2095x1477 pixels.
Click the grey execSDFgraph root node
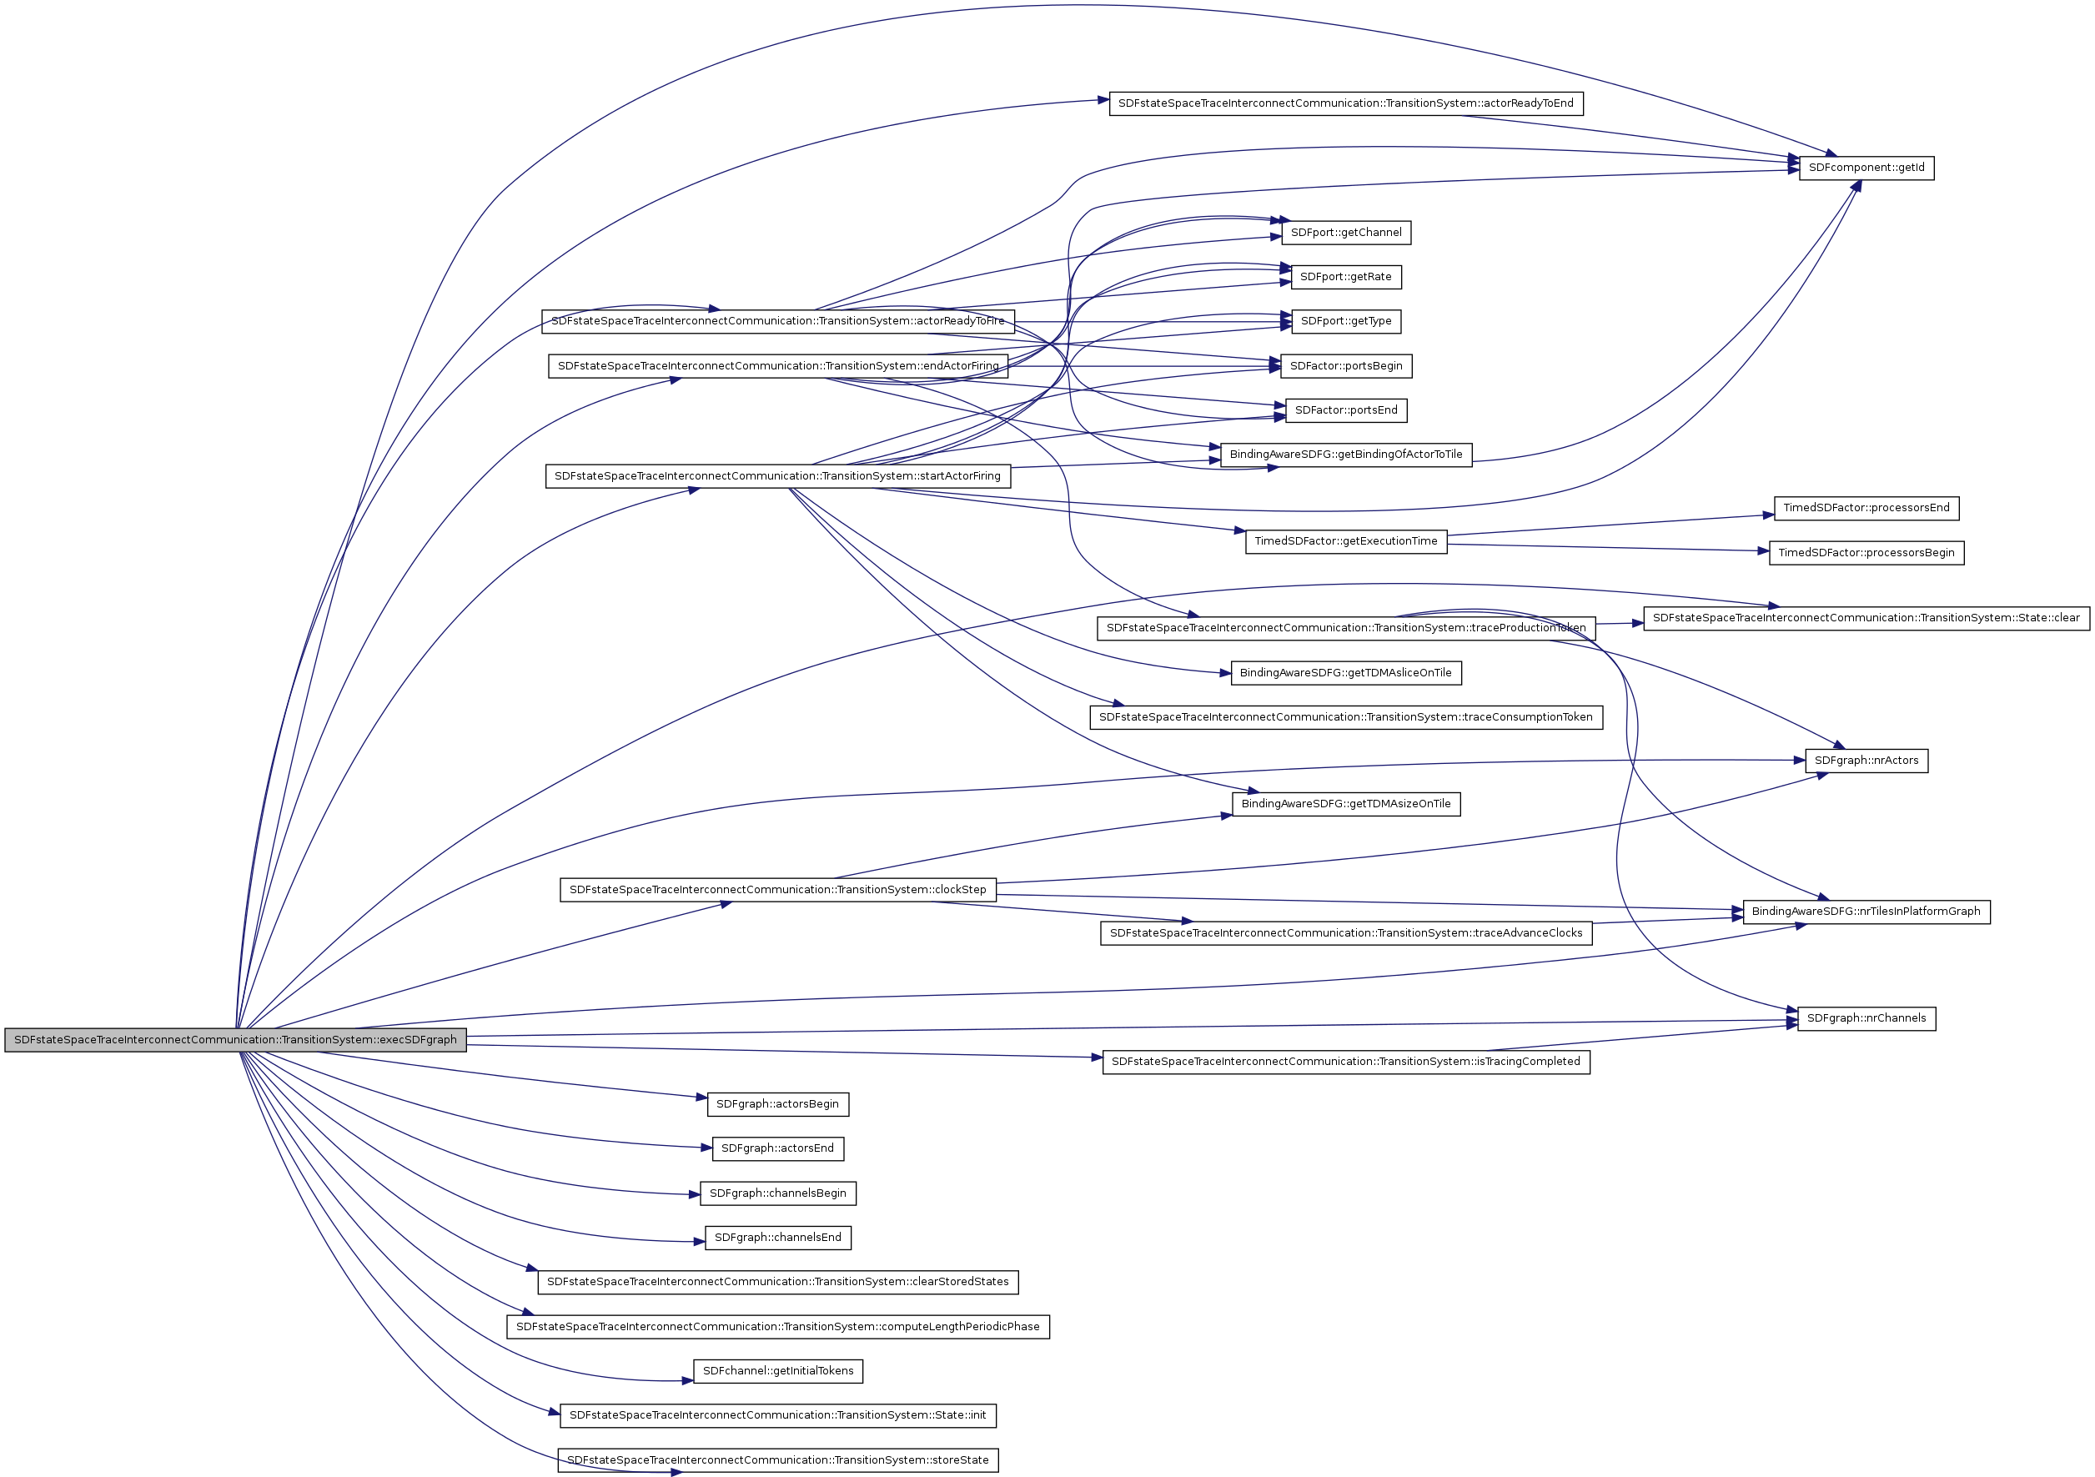[235, 1040]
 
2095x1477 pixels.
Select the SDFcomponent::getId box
[1866, 168]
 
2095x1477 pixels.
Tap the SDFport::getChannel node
[1346, 233]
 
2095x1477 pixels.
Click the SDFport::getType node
[1346, 321]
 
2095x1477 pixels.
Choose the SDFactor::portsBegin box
[1346, 366]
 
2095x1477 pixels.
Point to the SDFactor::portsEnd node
[1346, 410]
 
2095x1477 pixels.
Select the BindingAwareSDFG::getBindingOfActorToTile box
[1346, 455]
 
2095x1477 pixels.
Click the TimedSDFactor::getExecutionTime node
[1346, 541]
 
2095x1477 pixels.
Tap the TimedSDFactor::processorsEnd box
[1866, 508]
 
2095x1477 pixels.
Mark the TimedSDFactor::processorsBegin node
[1866, 553]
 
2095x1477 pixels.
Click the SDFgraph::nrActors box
[1866, 761]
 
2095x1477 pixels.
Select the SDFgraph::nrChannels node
[1866, 1018]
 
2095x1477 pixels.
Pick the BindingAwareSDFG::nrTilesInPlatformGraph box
[1866, 912]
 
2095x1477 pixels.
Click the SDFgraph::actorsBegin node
[777, 1104]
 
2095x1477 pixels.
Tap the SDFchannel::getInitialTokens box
[777, 1371]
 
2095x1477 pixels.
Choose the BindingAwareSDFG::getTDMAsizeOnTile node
[1346, 804]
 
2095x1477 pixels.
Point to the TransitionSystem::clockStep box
[777, 890]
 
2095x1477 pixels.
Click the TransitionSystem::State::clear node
[1866, 619]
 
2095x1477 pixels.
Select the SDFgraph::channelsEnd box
[777, 1238]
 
